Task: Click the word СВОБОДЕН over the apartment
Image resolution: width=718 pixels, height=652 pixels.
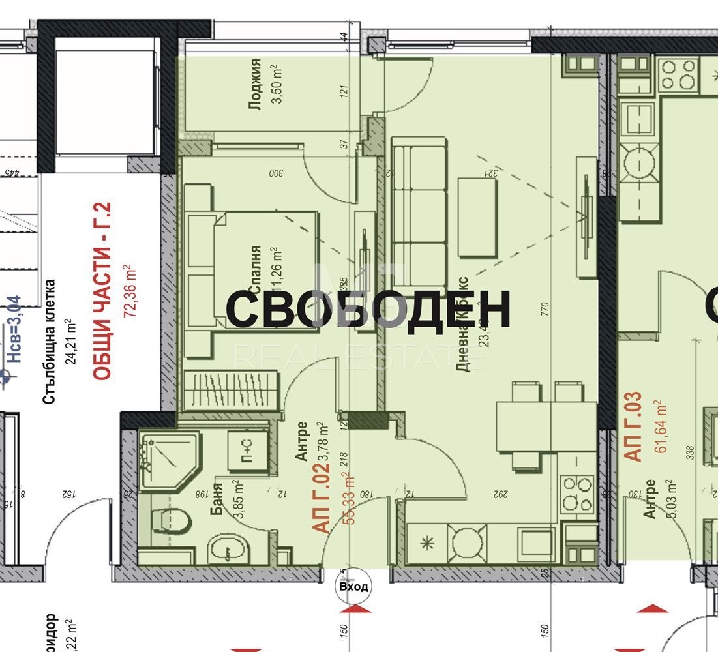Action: click(x=368, y=309)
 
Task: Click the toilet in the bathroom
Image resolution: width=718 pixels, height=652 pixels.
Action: click(x=172, y=520)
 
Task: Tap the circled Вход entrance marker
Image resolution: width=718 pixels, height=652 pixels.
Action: click(x=353, y=586)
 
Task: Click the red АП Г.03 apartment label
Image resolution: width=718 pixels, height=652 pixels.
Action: click(x=635, y=427)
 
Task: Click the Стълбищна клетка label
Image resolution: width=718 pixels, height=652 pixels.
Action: click(x=50, y=342)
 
